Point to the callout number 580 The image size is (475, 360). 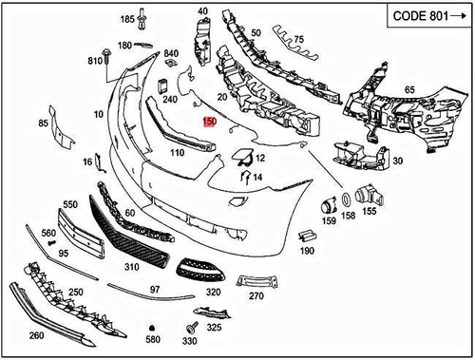pos(153,339)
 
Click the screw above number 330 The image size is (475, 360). pos(190,328)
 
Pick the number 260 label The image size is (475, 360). pos(36,335)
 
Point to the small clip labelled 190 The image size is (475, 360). pos(306,235)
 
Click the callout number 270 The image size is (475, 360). pos(256,296)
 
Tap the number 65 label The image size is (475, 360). pos(409,89)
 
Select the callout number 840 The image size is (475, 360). pos(171,53)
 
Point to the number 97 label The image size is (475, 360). pos(154,288)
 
